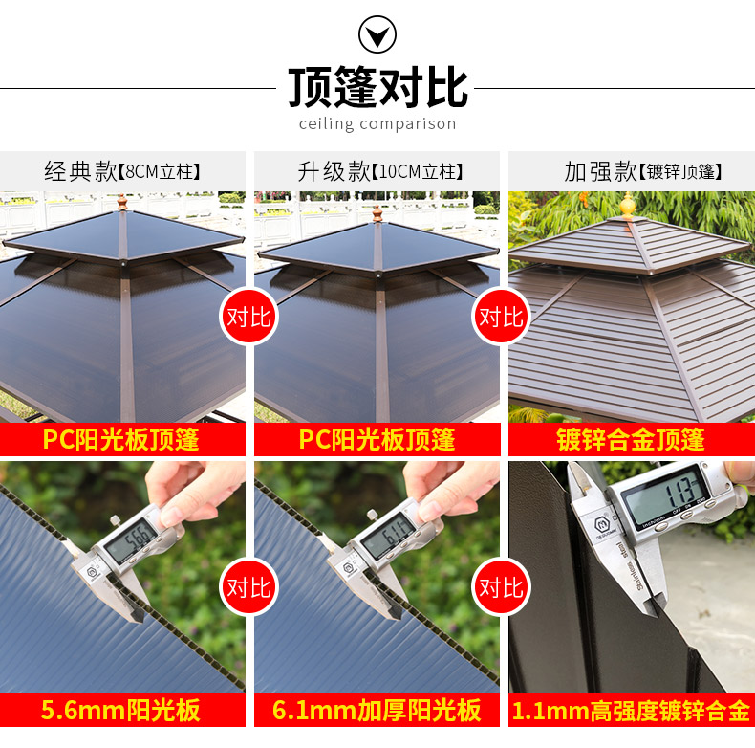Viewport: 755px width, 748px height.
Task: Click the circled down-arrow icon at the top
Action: point(377,34)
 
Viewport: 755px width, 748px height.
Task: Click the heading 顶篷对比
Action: point(378,87)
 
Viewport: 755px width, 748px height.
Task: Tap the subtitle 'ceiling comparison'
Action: point(377,124)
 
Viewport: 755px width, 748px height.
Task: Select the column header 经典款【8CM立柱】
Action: point(122,171)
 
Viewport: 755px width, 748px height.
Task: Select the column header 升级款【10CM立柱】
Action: point(380,171)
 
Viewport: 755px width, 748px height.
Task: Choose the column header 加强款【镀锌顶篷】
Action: point(643,171)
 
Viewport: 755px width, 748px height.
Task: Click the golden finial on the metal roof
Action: point(627,206)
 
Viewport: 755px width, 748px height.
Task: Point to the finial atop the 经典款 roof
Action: point(122,203)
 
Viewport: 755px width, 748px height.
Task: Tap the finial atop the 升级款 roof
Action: point(377,212)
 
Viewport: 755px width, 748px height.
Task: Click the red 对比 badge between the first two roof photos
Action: point(248,317)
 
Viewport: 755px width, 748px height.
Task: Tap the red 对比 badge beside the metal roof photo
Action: point(501,317)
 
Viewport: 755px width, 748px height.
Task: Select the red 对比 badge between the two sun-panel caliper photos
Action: point(248,587)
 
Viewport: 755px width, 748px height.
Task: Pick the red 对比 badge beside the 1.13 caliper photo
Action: point(501,587)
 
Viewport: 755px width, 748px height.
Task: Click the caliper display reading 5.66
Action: point(131,541)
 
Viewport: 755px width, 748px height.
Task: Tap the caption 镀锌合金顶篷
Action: point(631,439)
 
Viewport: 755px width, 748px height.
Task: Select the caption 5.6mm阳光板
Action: point(120,710)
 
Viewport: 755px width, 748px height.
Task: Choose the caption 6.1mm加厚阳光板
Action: point(377,710)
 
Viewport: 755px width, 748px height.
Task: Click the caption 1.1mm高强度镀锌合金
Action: point(632,711)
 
